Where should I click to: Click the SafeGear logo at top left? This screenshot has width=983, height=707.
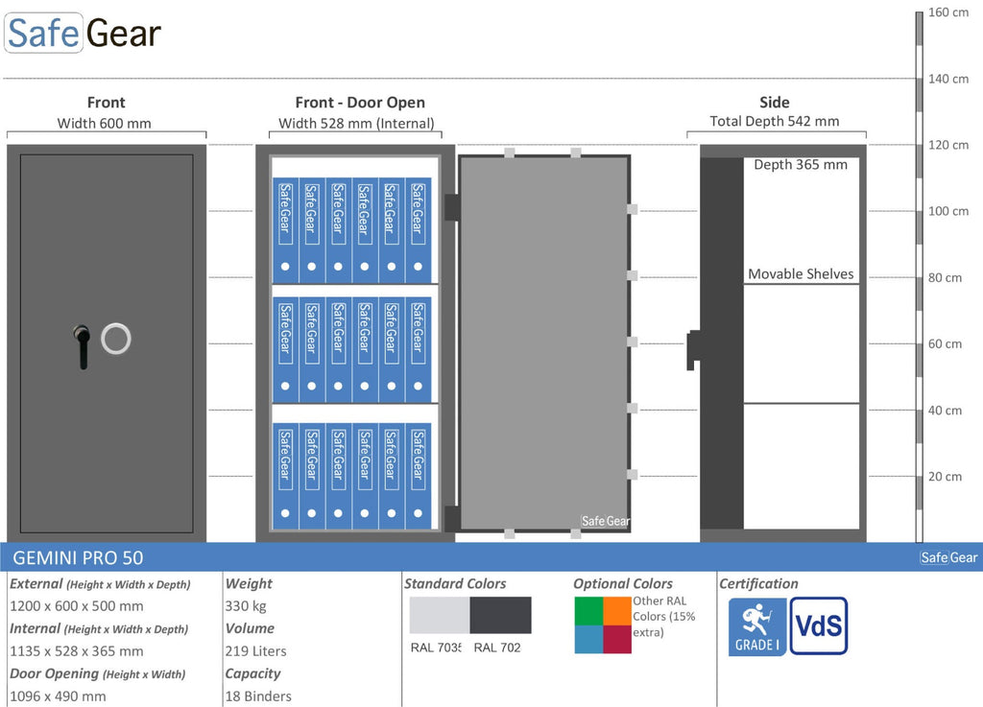tap(83, 33)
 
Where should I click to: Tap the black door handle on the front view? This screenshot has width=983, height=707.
tap(82, 346)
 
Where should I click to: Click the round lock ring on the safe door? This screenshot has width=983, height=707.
tap(116, 339)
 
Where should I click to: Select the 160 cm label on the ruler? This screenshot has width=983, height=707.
tap(947, 12)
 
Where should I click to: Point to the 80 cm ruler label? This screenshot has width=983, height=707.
tap(945, 277)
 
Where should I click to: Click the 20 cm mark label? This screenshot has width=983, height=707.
tap(945, 477)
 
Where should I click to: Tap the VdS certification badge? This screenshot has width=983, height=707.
tap(819, 625)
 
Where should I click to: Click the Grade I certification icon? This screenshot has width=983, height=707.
tap(757, 626)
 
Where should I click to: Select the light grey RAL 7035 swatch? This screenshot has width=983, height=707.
tap(440, 615)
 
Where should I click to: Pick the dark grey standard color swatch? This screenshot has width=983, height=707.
tap(500, 615)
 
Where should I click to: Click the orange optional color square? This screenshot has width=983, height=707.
tap(617, 611)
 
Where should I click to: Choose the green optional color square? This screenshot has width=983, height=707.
tap(589, 611)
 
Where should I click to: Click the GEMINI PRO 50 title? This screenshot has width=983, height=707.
tap(78, 558)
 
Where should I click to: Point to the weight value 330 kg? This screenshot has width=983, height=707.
tap(246, 606)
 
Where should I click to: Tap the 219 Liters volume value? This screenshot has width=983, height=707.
tap(255, 651)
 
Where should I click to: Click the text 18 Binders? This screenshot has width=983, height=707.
tap(258, 696)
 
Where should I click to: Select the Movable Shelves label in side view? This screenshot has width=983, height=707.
tap(801, 273)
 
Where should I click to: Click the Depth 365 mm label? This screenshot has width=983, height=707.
tap(801, 165)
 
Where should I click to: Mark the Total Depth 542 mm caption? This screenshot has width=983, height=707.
tap(775, 122)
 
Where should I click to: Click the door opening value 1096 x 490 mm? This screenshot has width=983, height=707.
tap(58, 696)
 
